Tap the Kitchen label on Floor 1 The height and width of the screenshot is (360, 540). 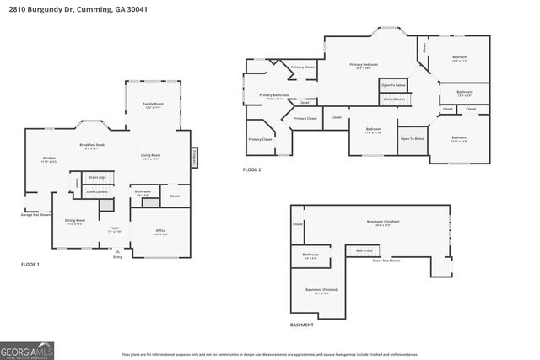click(49, 159)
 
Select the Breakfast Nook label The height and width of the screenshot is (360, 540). click(92, 147)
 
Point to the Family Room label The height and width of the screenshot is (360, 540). click(153, 105)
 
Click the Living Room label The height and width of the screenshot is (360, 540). click(150, 157)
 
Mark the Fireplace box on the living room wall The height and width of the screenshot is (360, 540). click(194, 157)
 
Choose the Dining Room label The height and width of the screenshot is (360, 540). click(74, 223)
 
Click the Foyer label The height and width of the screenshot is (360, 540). click(114, 229)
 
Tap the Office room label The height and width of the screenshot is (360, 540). click(160, 232)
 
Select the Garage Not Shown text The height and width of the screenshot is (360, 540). click(36, 214)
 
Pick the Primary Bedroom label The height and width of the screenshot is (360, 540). click(365, 66)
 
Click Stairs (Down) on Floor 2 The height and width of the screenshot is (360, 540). click(393, 99)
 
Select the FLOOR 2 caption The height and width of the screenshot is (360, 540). click(252, 169)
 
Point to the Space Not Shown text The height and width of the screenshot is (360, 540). click(386, 261)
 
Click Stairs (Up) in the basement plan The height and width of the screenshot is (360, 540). click(364, 250)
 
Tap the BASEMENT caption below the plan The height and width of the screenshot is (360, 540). click(301, 325)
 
